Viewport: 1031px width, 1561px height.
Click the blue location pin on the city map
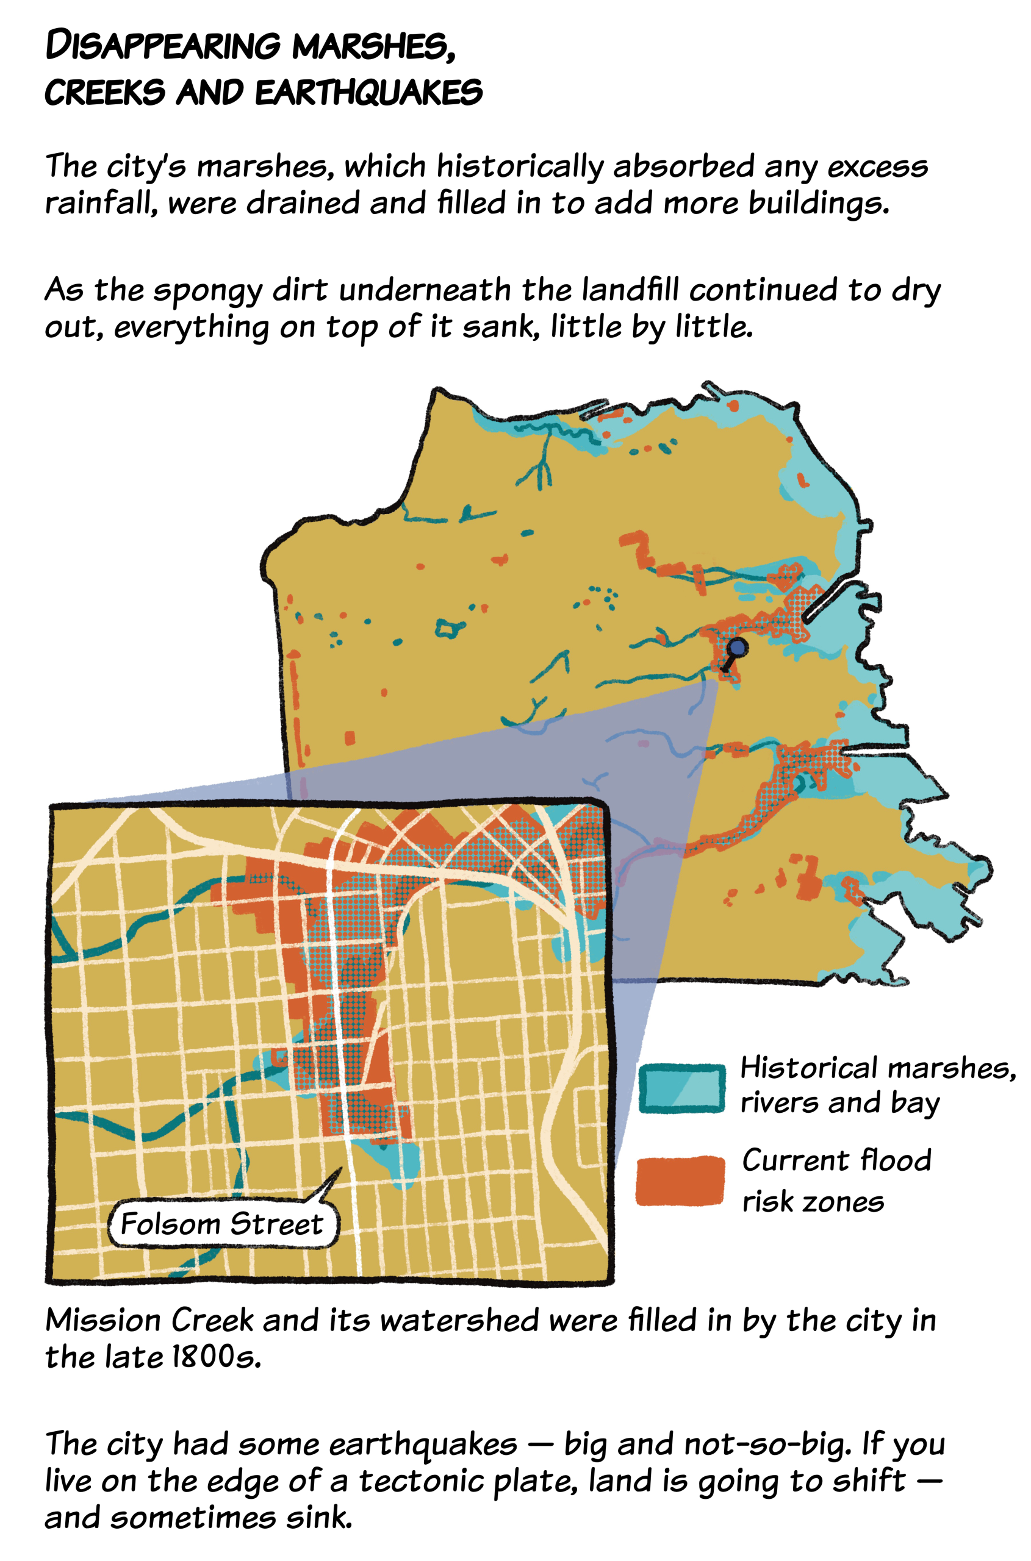738,648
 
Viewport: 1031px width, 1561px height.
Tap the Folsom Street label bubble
222,1224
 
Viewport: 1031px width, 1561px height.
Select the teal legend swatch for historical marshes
682,1088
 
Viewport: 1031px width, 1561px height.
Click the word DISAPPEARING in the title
163,46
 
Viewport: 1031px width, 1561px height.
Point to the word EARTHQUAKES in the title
368,92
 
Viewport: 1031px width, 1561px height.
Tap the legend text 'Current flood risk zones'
835,1180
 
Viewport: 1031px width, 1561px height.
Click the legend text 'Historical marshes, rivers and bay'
877,1085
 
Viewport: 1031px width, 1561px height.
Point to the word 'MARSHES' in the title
372,46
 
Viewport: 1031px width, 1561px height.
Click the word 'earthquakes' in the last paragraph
423,1444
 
